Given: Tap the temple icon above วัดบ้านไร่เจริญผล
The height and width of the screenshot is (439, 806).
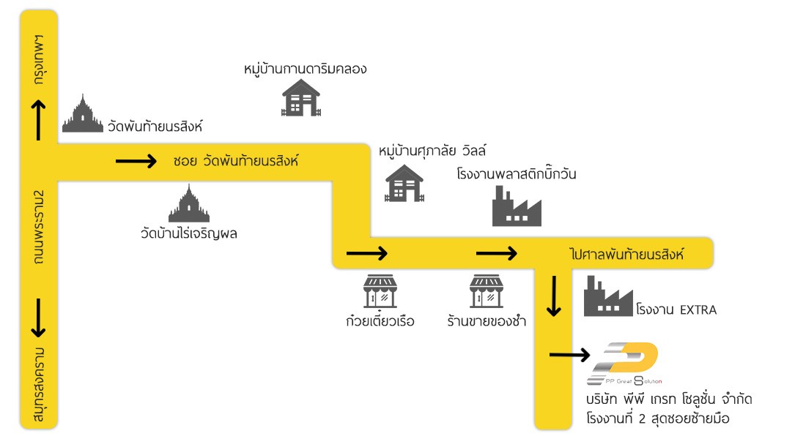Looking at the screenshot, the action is (x=188, y=203).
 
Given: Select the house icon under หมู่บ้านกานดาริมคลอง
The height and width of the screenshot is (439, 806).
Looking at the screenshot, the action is (x=300, y=97).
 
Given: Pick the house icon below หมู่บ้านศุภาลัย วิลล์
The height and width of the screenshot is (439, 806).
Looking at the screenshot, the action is (x=404, y=183).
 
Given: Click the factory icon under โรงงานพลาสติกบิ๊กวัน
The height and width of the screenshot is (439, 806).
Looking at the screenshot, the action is (x=517, y=206).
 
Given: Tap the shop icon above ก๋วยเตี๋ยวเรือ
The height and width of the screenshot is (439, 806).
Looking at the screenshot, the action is (x=380, y=291).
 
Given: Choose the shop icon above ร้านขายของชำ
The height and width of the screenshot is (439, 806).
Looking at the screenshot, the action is (x=487, y=291).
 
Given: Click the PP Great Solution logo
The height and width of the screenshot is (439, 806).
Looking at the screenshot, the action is (x=624, y=364).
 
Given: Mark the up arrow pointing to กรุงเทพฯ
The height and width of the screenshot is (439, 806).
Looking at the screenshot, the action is (x=38, y=120).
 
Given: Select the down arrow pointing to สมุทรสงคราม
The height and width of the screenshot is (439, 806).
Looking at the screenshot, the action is (x=38, y=318).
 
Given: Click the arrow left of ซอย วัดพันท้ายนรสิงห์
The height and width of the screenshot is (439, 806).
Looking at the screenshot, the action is (x=136, y=161).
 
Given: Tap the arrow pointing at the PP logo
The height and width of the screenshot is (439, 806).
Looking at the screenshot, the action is (x=569, y=355).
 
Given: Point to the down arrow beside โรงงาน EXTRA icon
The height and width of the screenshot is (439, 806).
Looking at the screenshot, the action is (x=554, y=296).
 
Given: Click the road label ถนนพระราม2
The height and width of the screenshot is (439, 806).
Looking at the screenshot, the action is (x=39, y=227).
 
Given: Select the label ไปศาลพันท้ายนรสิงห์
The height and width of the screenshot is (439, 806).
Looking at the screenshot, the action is (x=627, y=254).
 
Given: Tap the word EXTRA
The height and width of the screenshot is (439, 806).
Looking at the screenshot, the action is (x=698, y=310).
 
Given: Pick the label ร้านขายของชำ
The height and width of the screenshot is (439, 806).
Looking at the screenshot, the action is (x=487, y=321).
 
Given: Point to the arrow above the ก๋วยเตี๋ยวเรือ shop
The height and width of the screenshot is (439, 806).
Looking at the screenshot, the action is (x=366, y=253).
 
